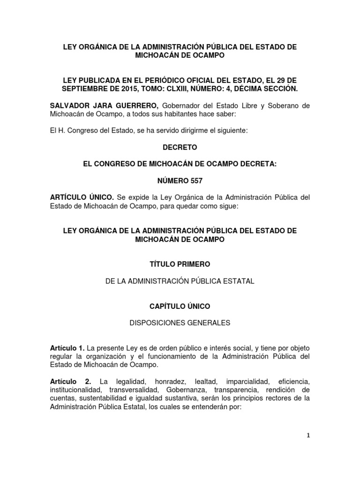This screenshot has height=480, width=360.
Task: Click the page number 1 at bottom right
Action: tap(308, 435)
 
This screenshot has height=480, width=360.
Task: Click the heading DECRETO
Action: tap(180, 147)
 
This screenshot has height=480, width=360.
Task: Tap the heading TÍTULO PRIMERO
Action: tap(180, 265)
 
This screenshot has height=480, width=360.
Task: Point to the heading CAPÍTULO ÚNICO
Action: tap(180, 306)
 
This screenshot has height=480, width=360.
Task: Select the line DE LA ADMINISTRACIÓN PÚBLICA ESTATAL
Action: tap(180, 281)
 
